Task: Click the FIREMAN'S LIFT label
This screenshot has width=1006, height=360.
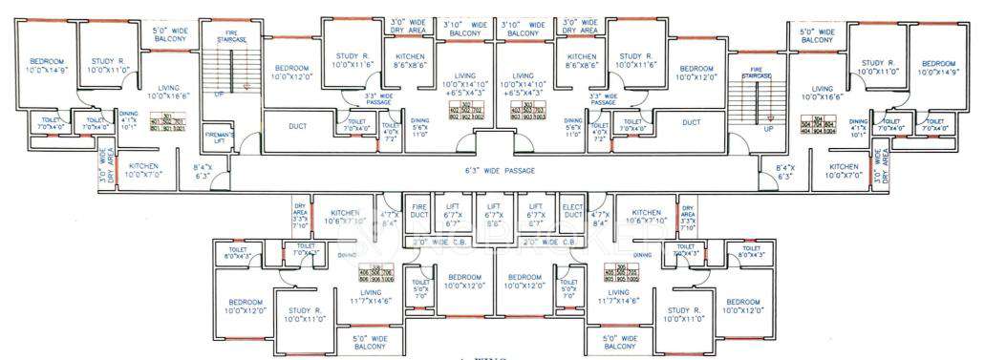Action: [218, 140]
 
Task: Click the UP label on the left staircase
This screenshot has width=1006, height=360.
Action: [219, 95]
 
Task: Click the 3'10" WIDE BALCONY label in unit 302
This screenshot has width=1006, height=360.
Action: [464, 28]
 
